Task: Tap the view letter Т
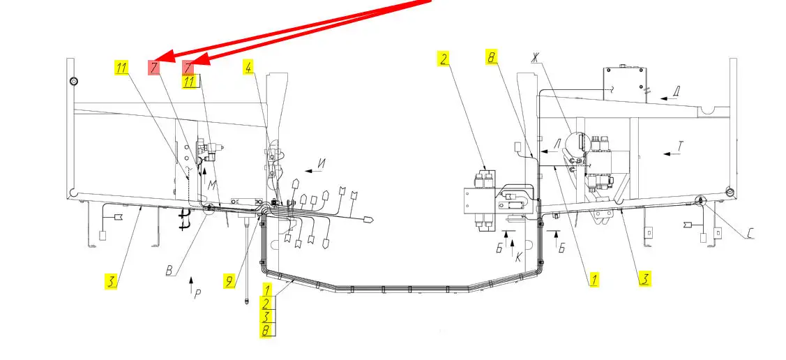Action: pos(682,146)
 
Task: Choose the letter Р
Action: pos(197,294)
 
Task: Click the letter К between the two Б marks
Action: pos(518,256)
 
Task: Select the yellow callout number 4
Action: pos(248,67)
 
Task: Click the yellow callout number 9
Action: pos(228,282)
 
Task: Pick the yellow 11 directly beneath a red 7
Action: pos(190,82)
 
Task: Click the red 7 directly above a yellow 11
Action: pos(188,68)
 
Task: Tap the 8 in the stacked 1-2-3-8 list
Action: pos(266,331)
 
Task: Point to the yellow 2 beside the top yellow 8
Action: pos(442,59)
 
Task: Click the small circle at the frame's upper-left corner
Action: pos(73,81)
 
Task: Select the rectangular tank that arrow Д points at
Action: pos(626,84)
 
